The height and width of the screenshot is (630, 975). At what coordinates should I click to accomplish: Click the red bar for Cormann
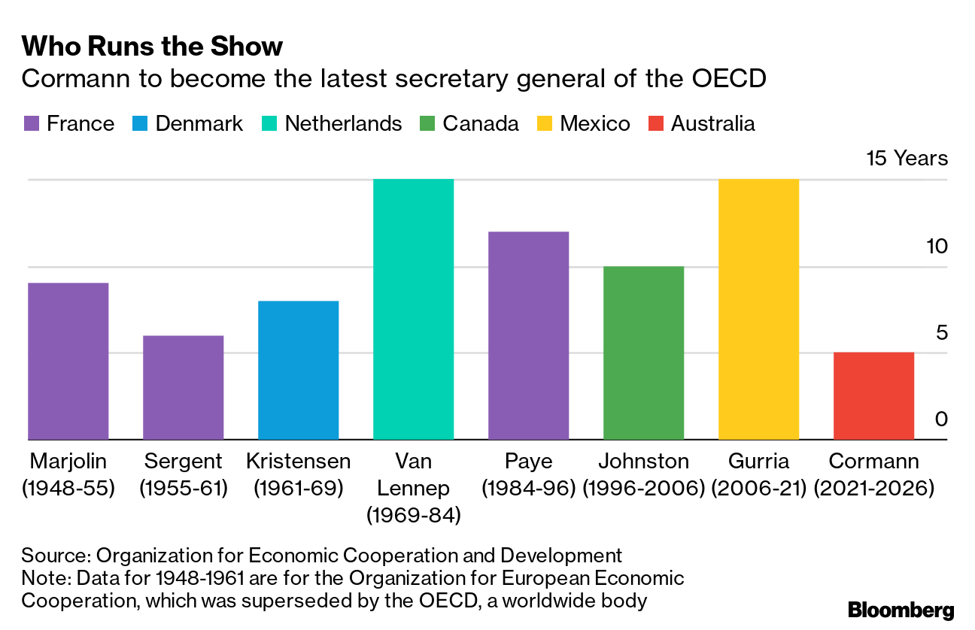[873, 396]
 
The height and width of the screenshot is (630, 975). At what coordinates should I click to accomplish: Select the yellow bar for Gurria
[758, 309]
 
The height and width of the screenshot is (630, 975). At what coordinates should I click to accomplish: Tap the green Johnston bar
[643, 353]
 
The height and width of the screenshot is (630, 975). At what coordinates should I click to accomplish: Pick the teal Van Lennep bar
[413, 309]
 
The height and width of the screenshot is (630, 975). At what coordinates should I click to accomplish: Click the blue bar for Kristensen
[298, 370]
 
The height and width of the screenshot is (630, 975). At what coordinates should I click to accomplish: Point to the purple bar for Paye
[528, 335]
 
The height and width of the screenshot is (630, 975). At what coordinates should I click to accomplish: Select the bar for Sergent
[183, 387]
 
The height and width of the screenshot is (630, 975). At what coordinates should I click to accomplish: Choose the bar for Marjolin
[68, 361]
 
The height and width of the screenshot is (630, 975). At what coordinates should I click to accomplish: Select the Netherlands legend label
[343, 124]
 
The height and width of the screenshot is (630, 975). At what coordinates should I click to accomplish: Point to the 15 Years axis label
[907, 159]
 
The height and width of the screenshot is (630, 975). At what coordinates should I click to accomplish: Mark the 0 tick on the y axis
[941, 419]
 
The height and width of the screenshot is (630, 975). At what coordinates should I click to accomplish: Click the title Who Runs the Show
[152, 47]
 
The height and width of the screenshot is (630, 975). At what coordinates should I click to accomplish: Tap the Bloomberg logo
[901, 610]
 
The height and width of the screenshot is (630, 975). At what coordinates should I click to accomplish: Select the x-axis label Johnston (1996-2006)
[643, 475]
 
